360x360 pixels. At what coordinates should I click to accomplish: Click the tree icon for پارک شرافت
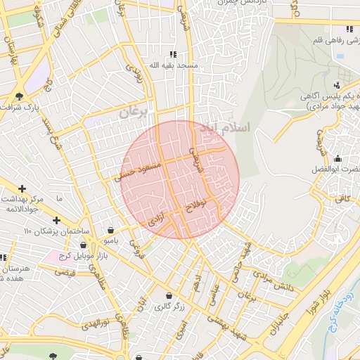(19, 96)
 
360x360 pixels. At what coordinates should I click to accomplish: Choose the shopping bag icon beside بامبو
(110, 231)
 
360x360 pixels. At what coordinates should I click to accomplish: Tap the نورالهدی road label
(94, 324)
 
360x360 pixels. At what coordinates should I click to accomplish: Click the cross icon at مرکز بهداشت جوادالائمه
(22, 188)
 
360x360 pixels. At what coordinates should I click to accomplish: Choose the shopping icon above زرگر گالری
(169, 295)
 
